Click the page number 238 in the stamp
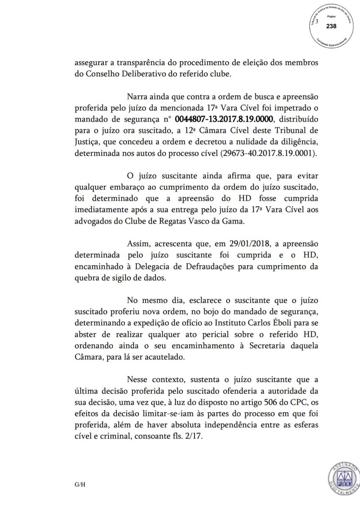[x=331, y=26]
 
